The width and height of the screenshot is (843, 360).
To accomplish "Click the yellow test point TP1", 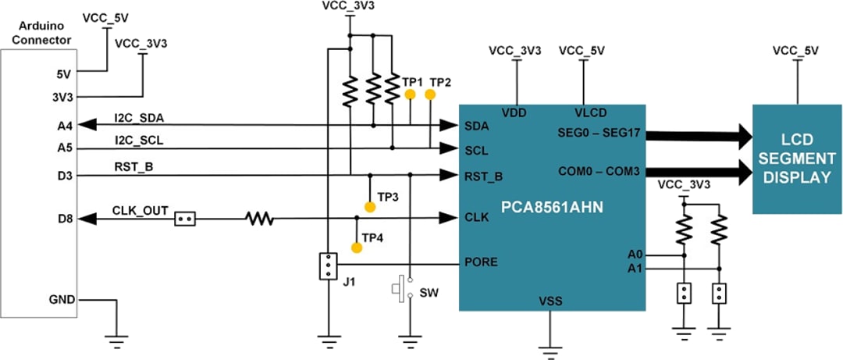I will (x=409, y=95).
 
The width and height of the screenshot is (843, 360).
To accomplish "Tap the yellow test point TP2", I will (x=430, y=94).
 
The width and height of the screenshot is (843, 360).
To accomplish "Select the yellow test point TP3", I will (x=370, y=207).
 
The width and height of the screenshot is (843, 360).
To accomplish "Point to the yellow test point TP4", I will (x=357, y=248).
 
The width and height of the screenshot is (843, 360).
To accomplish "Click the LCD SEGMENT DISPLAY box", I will (x=797, y=159).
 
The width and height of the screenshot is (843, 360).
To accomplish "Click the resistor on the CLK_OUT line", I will (x=261, y=219).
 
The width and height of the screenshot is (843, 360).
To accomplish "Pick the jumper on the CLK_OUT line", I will (x=185, y=219).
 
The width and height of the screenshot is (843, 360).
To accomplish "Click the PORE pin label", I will (x=482, y=262).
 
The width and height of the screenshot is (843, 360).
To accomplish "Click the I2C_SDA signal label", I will (x=139, y=118).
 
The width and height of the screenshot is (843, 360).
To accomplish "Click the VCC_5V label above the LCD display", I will (x=795, y=51).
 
